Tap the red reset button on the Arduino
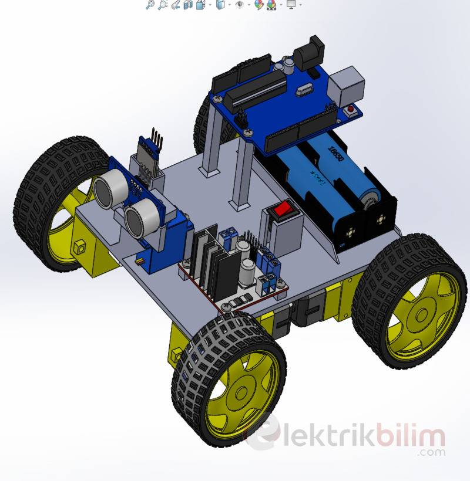point(351,109)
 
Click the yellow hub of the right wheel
point(421,317)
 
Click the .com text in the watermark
point(432,452)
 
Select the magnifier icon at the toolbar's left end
point(150,5)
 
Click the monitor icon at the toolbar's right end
point(290,5)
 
